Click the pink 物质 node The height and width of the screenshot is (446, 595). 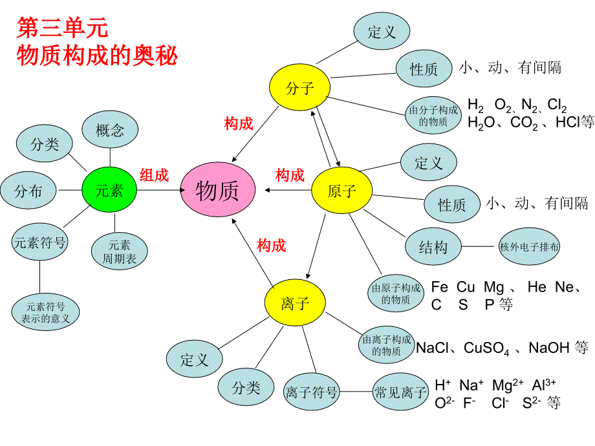tap(217, 190)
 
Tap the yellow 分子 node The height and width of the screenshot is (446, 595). tap(299, 88)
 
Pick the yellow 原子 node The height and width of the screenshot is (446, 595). tap(342, 190)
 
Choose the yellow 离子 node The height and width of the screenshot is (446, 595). tap(295, 303)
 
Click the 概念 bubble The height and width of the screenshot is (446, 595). tap(110, 131)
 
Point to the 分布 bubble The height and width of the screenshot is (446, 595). tap(28, 191)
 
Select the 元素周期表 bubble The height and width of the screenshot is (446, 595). tap(120, 252)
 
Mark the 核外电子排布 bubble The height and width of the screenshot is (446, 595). tap(530, 246)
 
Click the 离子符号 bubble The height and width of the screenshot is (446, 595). tap(312, 392)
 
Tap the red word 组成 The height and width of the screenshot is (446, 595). tap(154, 175)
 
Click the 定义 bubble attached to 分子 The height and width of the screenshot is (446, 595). tap(382, 32)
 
